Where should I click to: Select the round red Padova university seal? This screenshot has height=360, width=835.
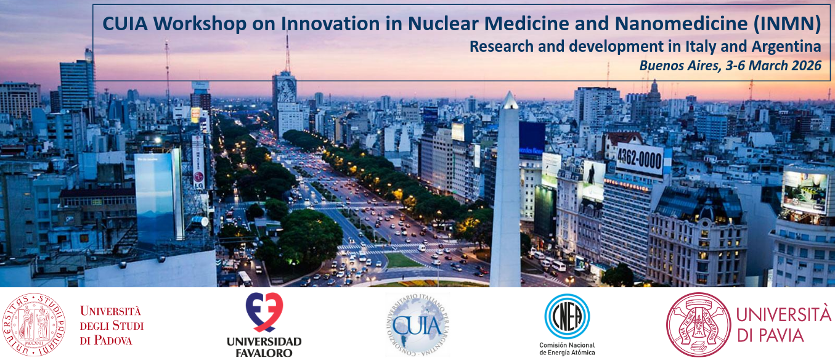click(35, 324)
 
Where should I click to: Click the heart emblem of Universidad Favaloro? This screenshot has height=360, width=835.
click(264, 312)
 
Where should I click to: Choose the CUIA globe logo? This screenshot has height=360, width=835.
click(417, 324)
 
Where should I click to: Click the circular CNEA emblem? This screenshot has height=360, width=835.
click(567, 316)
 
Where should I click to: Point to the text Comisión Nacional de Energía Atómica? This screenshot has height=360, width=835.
click(567, 348)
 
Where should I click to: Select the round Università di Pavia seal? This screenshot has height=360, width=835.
click(697, 324)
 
